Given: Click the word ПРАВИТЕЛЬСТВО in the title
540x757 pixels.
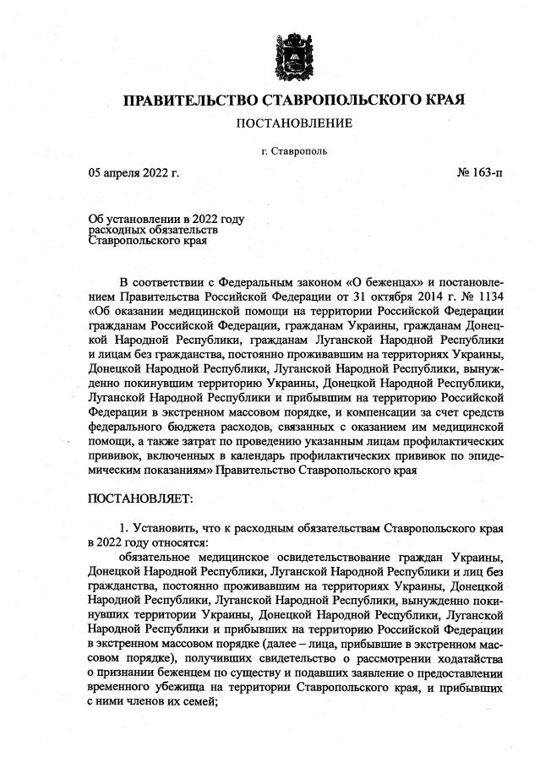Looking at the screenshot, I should [x=188, y=101].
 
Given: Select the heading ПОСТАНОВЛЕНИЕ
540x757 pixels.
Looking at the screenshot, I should [x=294, y=124].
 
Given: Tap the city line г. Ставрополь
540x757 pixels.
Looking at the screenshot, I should [x=294, y=152].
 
